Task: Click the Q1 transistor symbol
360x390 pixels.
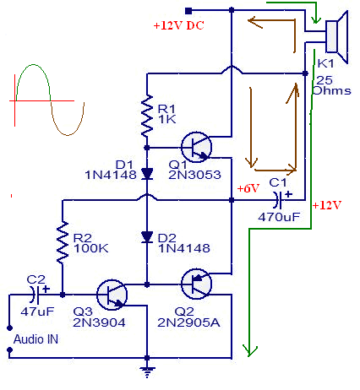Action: pos(196,147)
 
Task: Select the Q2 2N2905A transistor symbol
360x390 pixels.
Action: pos(196,284)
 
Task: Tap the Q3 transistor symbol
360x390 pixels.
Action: pos(112,295)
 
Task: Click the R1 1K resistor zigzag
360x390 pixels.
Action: pos(147,116)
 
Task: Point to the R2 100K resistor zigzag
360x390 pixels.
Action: pos(63,242)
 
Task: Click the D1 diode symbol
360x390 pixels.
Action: pos(147,174)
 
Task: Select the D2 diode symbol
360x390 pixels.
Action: pos(147,237)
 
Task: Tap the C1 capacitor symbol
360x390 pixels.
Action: pos(279,200)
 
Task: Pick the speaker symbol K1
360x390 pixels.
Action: pos(337,37)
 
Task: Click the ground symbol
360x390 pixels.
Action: pos(147,372)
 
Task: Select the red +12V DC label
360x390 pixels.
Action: pos(178,25)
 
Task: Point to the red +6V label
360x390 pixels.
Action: pos(248,188)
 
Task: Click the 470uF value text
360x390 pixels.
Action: pos(279,217)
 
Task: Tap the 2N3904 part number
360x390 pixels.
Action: pos(99,322)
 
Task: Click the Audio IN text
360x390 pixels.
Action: pos(35,339)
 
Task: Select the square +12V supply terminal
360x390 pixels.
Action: pos(188,11)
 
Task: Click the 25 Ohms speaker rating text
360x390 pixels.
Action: pos(332,85)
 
